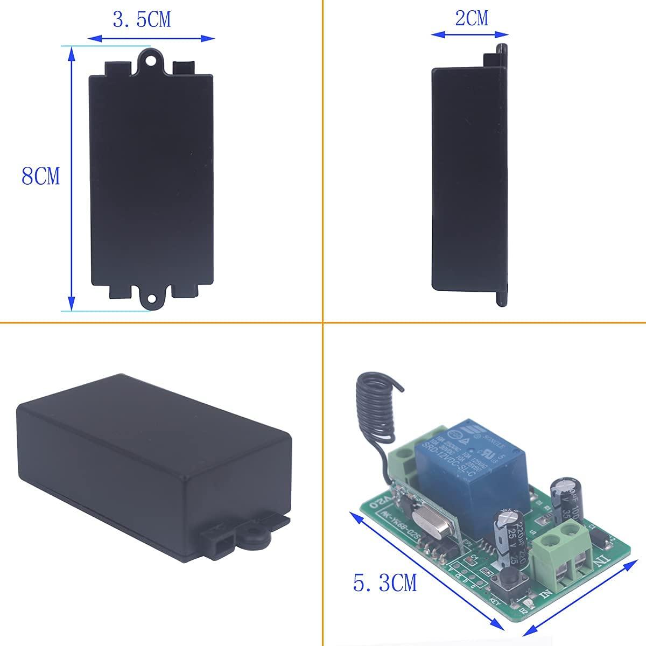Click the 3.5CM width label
coord(142,20)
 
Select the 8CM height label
coord(41,177)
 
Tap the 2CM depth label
coord(471,18)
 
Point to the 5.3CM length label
coord(385,584)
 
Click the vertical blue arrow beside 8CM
coord(71,178)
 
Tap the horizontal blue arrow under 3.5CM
coord(151,38)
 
